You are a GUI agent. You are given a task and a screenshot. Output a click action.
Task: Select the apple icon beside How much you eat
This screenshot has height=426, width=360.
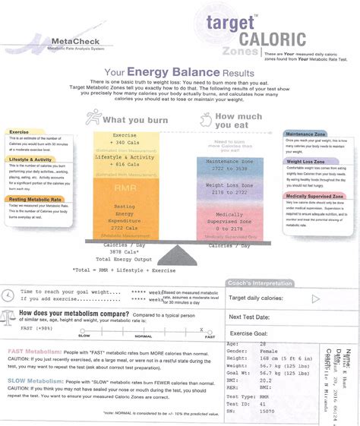tap(205, 119)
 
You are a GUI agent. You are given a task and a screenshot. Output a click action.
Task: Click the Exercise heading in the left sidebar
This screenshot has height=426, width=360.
tap(19, 131)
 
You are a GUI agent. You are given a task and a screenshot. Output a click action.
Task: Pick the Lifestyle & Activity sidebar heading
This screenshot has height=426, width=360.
tap(30, 159)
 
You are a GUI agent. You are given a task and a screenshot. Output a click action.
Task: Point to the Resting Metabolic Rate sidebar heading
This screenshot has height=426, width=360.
tap(34, 199)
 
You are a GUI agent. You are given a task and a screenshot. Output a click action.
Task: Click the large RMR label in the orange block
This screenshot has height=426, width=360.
tap(125, 187)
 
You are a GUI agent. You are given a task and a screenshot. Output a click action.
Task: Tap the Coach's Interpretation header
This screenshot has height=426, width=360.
tap(270, 283)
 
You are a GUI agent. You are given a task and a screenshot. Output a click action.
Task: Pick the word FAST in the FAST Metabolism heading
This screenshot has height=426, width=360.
tap(18, 352)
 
